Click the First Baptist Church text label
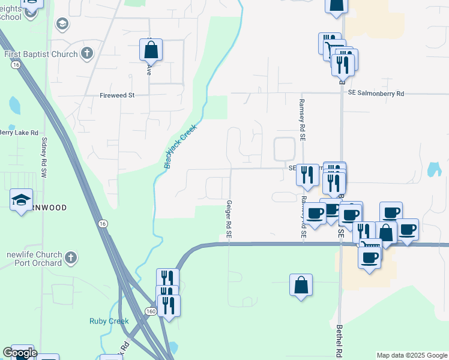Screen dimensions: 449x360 tap(41, 54)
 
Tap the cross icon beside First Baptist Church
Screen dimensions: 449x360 tap(87, 54)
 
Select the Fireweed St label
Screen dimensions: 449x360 tap(118, 95)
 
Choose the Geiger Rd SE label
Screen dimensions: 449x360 tap(229, 220)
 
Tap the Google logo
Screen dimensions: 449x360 tap(20, 353)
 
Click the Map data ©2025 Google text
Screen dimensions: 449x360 tap(411, 355)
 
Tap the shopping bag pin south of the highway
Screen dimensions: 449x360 tap(301, 285)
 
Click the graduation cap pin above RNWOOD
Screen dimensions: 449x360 tap(21, 200)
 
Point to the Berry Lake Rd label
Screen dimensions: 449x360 tap(19, 133)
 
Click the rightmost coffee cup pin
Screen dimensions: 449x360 tap(408, 229)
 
